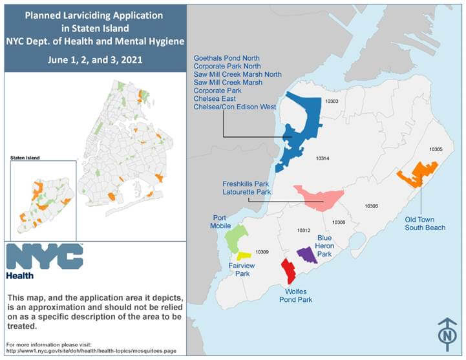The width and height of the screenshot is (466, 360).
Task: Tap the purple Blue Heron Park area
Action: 306,255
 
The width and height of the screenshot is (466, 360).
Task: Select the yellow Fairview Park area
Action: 243,256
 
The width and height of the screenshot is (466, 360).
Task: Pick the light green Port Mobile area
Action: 237,238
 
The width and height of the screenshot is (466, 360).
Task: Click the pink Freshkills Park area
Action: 318,196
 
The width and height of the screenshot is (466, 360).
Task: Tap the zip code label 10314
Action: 323,158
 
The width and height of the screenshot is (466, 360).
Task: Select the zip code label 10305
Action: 436,149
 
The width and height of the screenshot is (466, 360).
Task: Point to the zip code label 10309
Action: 262,251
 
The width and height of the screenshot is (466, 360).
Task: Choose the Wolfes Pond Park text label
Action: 296,295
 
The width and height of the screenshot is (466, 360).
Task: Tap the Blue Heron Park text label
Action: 324,246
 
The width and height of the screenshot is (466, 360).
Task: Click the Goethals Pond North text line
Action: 227,58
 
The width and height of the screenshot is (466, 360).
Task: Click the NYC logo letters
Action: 44,257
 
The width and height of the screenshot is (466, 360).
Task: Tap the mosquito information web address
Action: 90,351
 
